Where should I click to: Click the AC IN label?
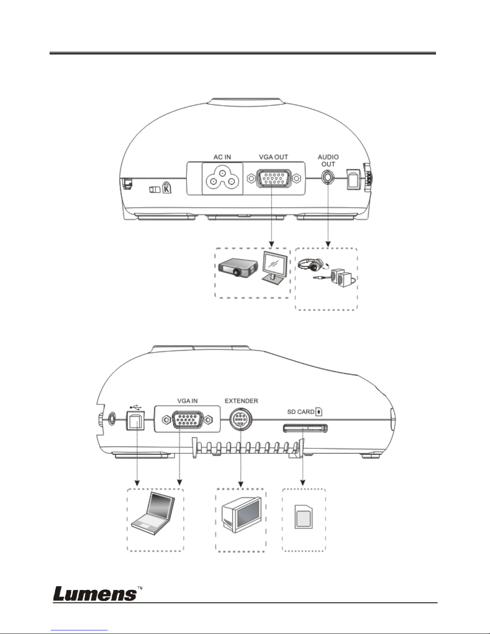pos(222,157)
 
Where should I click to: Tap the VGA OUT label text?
pos(273,157)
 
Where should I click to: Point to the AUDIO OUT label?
pos(328,160)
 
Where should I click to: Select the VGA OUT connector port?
pos(273,178)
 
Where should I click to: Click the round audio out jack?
pos(328,177)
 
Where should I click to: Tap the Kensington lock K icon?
pos(166,187)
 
